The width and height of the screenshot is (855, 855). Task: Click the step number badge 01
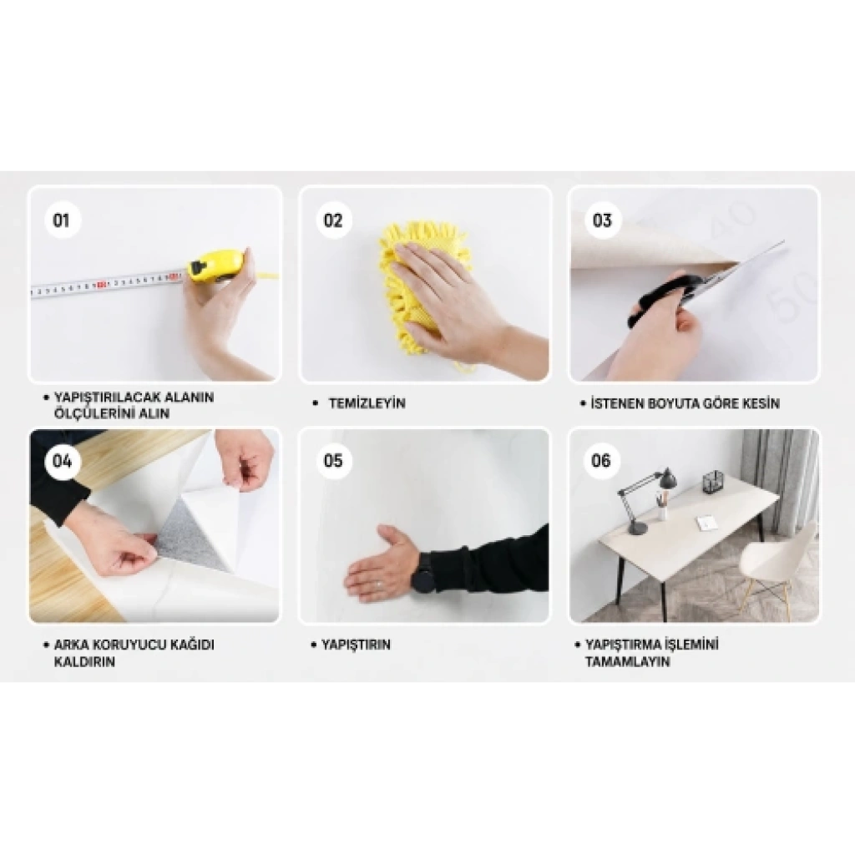(x=61, y=220)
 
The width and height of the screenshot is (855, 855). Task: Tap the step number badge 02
(x=333, y=220)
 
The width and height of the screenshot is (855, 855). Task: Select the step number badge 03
(x=603, y=220)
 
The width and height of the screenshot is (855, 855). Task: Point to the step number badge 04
(x=62, y=461)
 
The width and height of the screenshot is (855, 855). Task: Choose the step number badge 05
(x=333, y=461)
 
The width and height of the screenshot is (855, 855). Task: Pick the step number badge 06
(x=601, y=461)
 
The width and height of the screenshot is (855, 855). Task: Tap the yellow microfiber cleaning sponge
(x=420, y=289)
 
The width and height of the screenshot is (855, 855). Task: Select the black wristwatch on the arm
(x=423, y=572)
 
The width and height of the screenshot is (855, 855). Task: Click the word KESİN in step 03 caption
(x=761, y=403)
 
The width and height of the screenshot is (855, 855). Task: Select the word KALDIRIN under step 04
(x=84, y=662)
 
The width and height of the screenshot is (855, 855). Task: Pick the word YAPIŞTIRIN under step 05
(x=356, y=645)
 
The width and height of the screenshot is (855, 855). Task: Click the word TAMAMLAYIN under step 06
(x=627, y=662)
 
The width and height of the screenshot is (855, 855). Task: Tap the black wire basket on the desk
(x=713, y=481)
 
